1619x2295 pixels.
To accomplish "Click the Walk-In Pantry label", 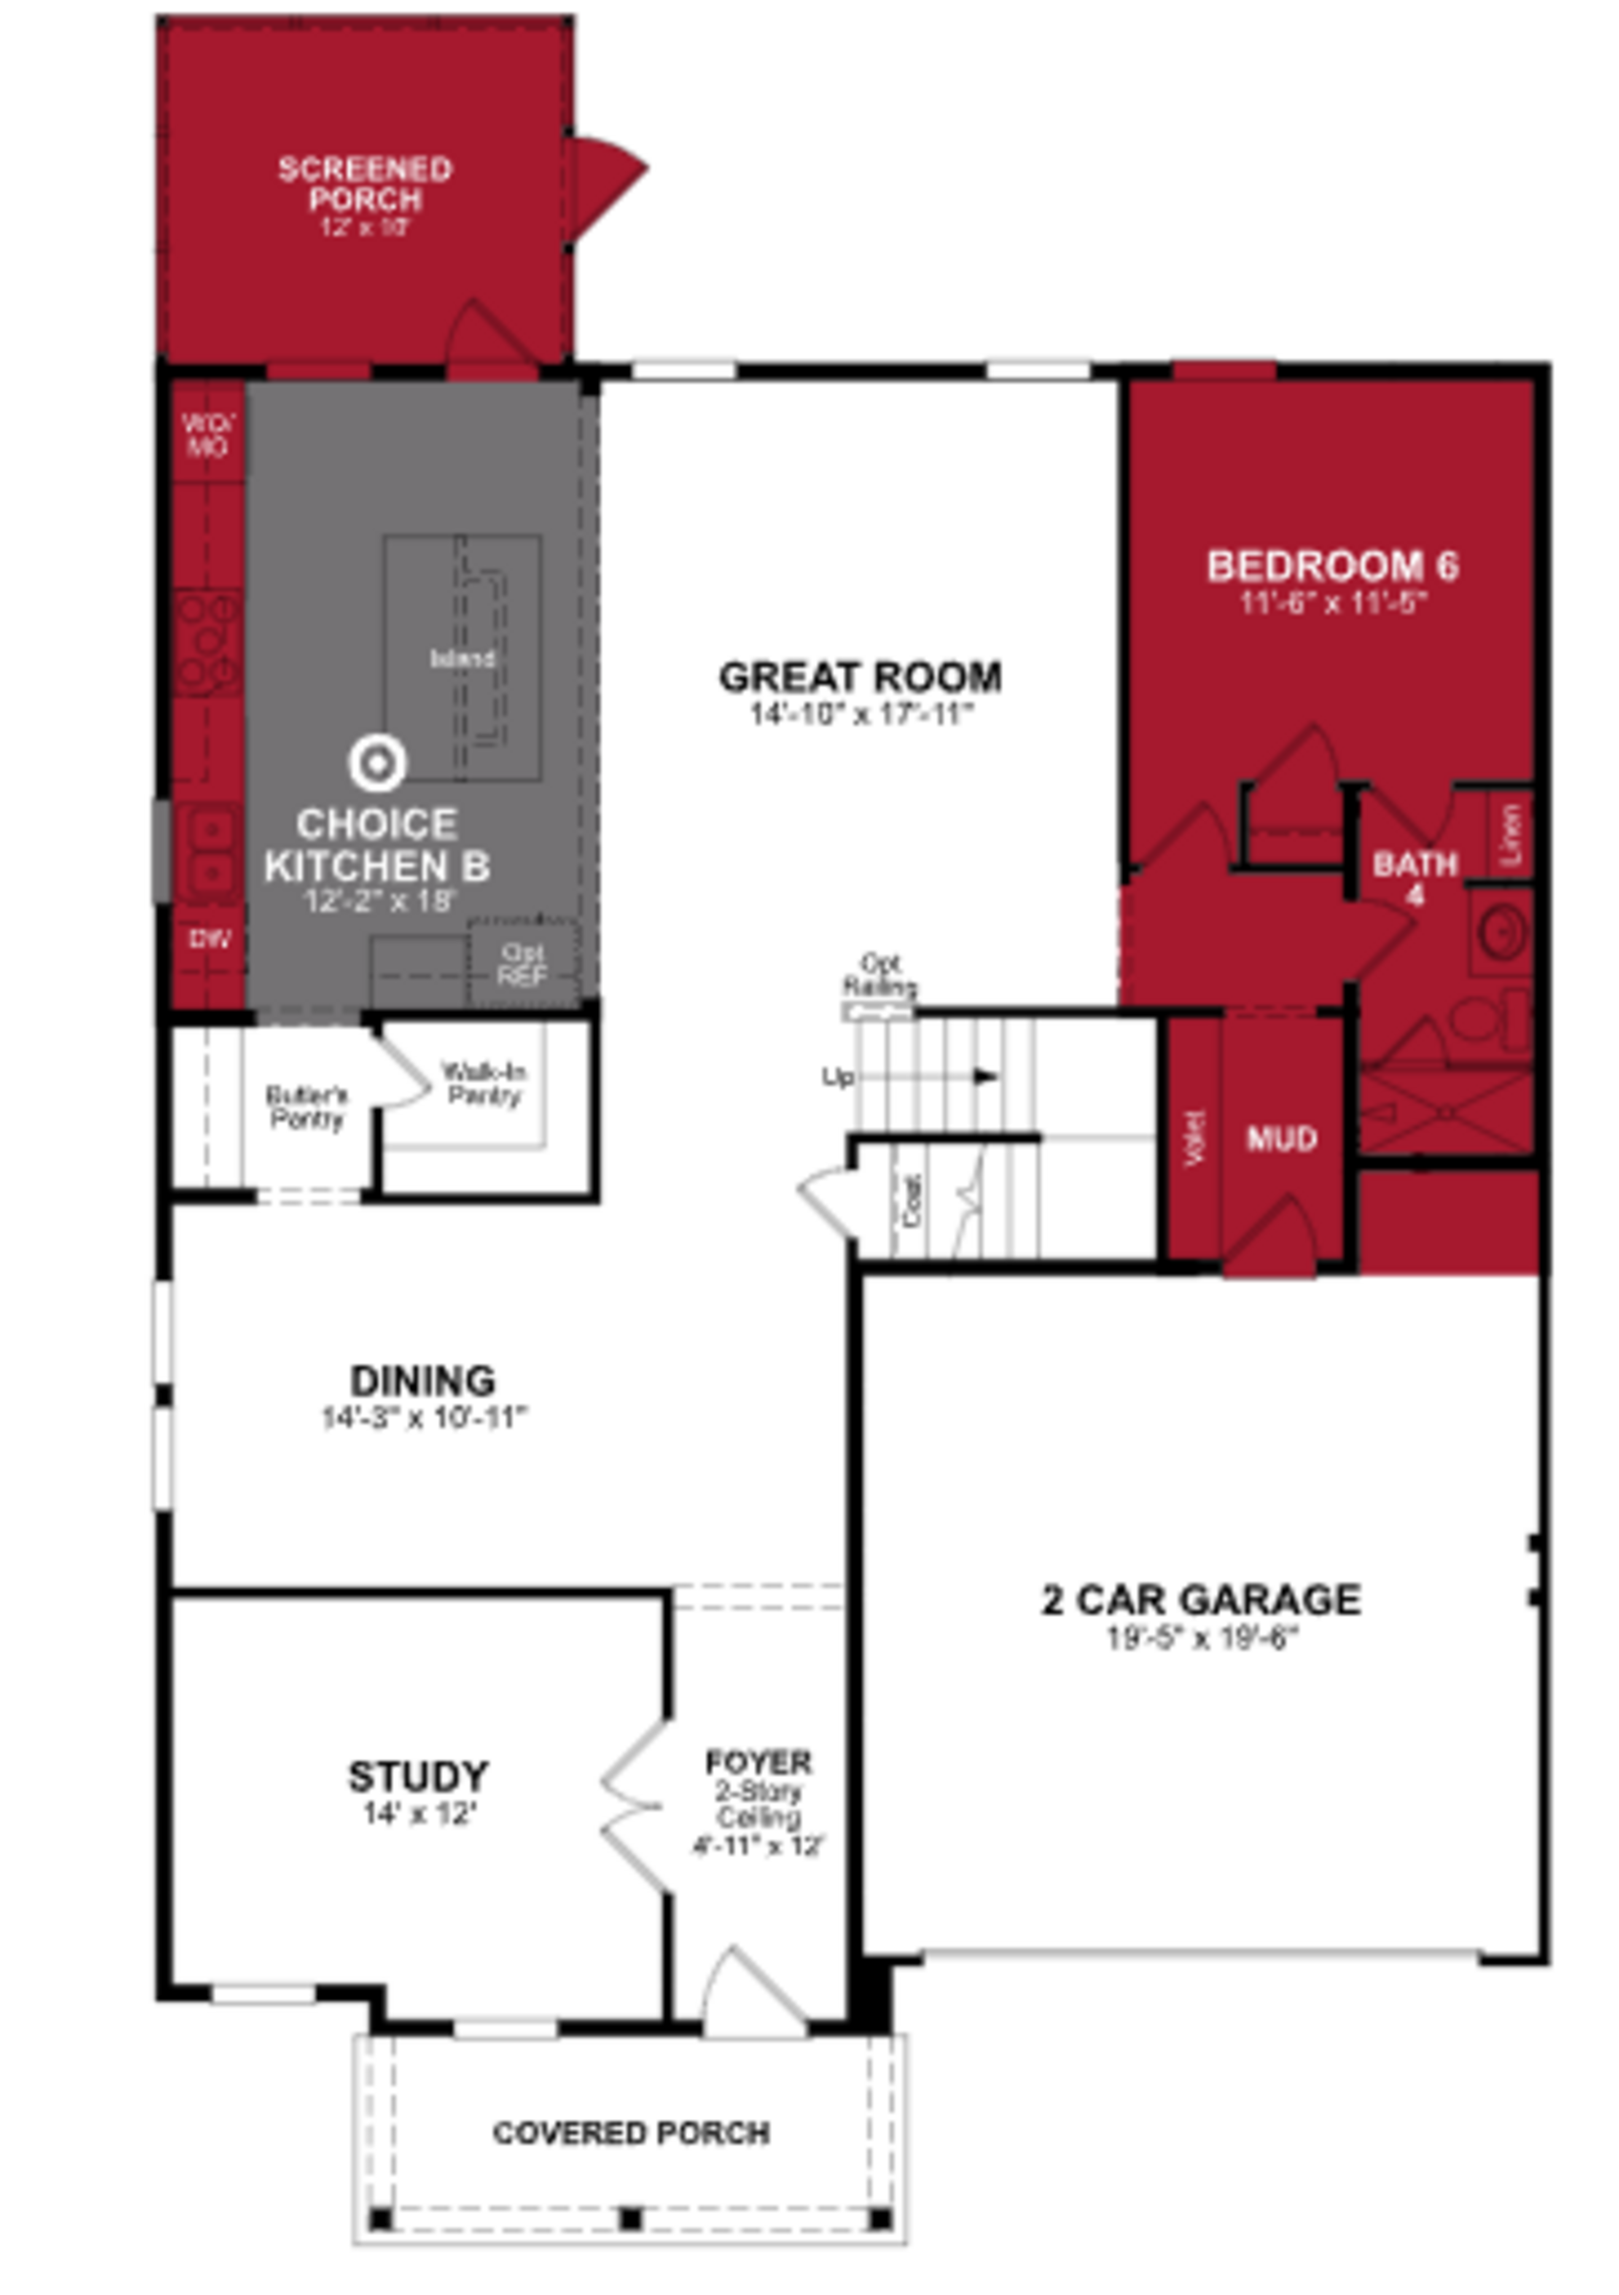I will pyautogui.click(x=484, y=1084).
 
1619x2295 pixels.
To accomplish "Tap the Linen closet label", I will pyautogui.click(x=1511, y=834).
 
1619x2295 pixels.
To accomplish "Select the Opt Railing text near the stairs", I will pyautogui.click(x=879, y=974).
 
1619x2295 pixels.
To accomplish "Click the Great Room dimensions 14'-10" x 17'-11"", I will pyautogui.click(x=861, y=714).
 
